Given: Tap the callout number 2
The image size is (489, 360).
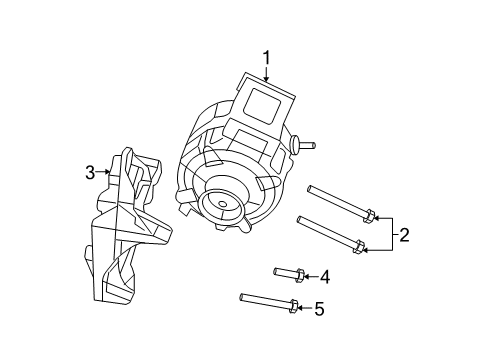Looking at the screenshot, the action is [404, 235].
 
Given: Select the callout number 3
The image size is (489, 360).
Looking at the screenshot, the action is [90, 172].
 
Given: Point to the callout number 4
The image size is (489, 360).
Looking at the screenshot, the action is [324, 276].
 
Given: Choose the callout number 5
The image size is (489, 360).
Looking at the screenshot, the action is [319, 309].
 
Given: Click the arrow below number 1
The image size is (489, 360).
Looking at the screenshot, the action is [267, 73].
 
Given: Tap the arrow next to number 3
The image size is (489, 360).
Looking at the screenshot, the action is [104, 172].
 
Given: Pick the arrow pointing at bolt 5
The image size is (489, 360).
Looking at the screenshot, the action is [304, 308].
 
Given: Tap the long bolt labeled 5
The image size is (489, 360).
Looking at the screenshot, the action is [265, 300].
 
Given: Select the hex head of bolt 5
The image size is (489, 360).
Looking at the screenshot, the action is [293, 307].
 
